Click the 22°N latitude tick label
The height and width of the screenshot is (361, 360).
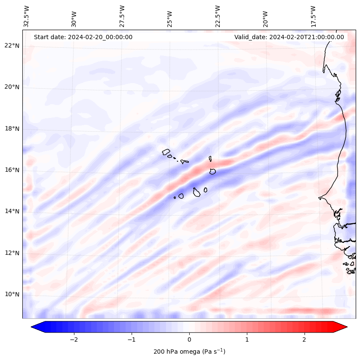pyautogui.click(x=12, y=46)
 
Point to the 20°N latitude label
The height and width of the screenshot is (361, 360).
pyautogui.click(x=12, y=87)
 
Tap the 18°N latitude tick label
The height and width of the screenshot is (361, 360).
pyautogui.click(x=12, y=129)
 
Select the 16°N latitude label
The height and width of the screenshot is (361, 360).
pyautogui.click(x=12, y=170)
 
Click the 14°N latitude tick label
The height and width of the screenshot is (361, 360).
pyautogui.click(x=12, y=211)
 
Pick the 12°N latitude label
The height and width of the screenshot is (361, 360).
pyautogui.click(x=12, y=253)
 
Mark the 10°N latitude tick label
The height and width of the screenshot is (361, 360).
pyautogui.click(x=12, y=294)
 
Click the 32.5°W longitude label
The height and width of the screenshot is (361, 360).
pyautogui.click(x=27, y=16)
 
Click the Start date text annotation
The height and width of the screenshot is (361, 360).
pyautogui.click(x=83, y=37)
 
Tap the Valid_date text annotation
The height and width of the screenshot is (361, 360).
pyautogui.click(x=289, y=37)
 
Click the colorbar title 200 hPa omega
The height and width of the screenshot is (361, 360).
pyautogui.click(x=189, y=352)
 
